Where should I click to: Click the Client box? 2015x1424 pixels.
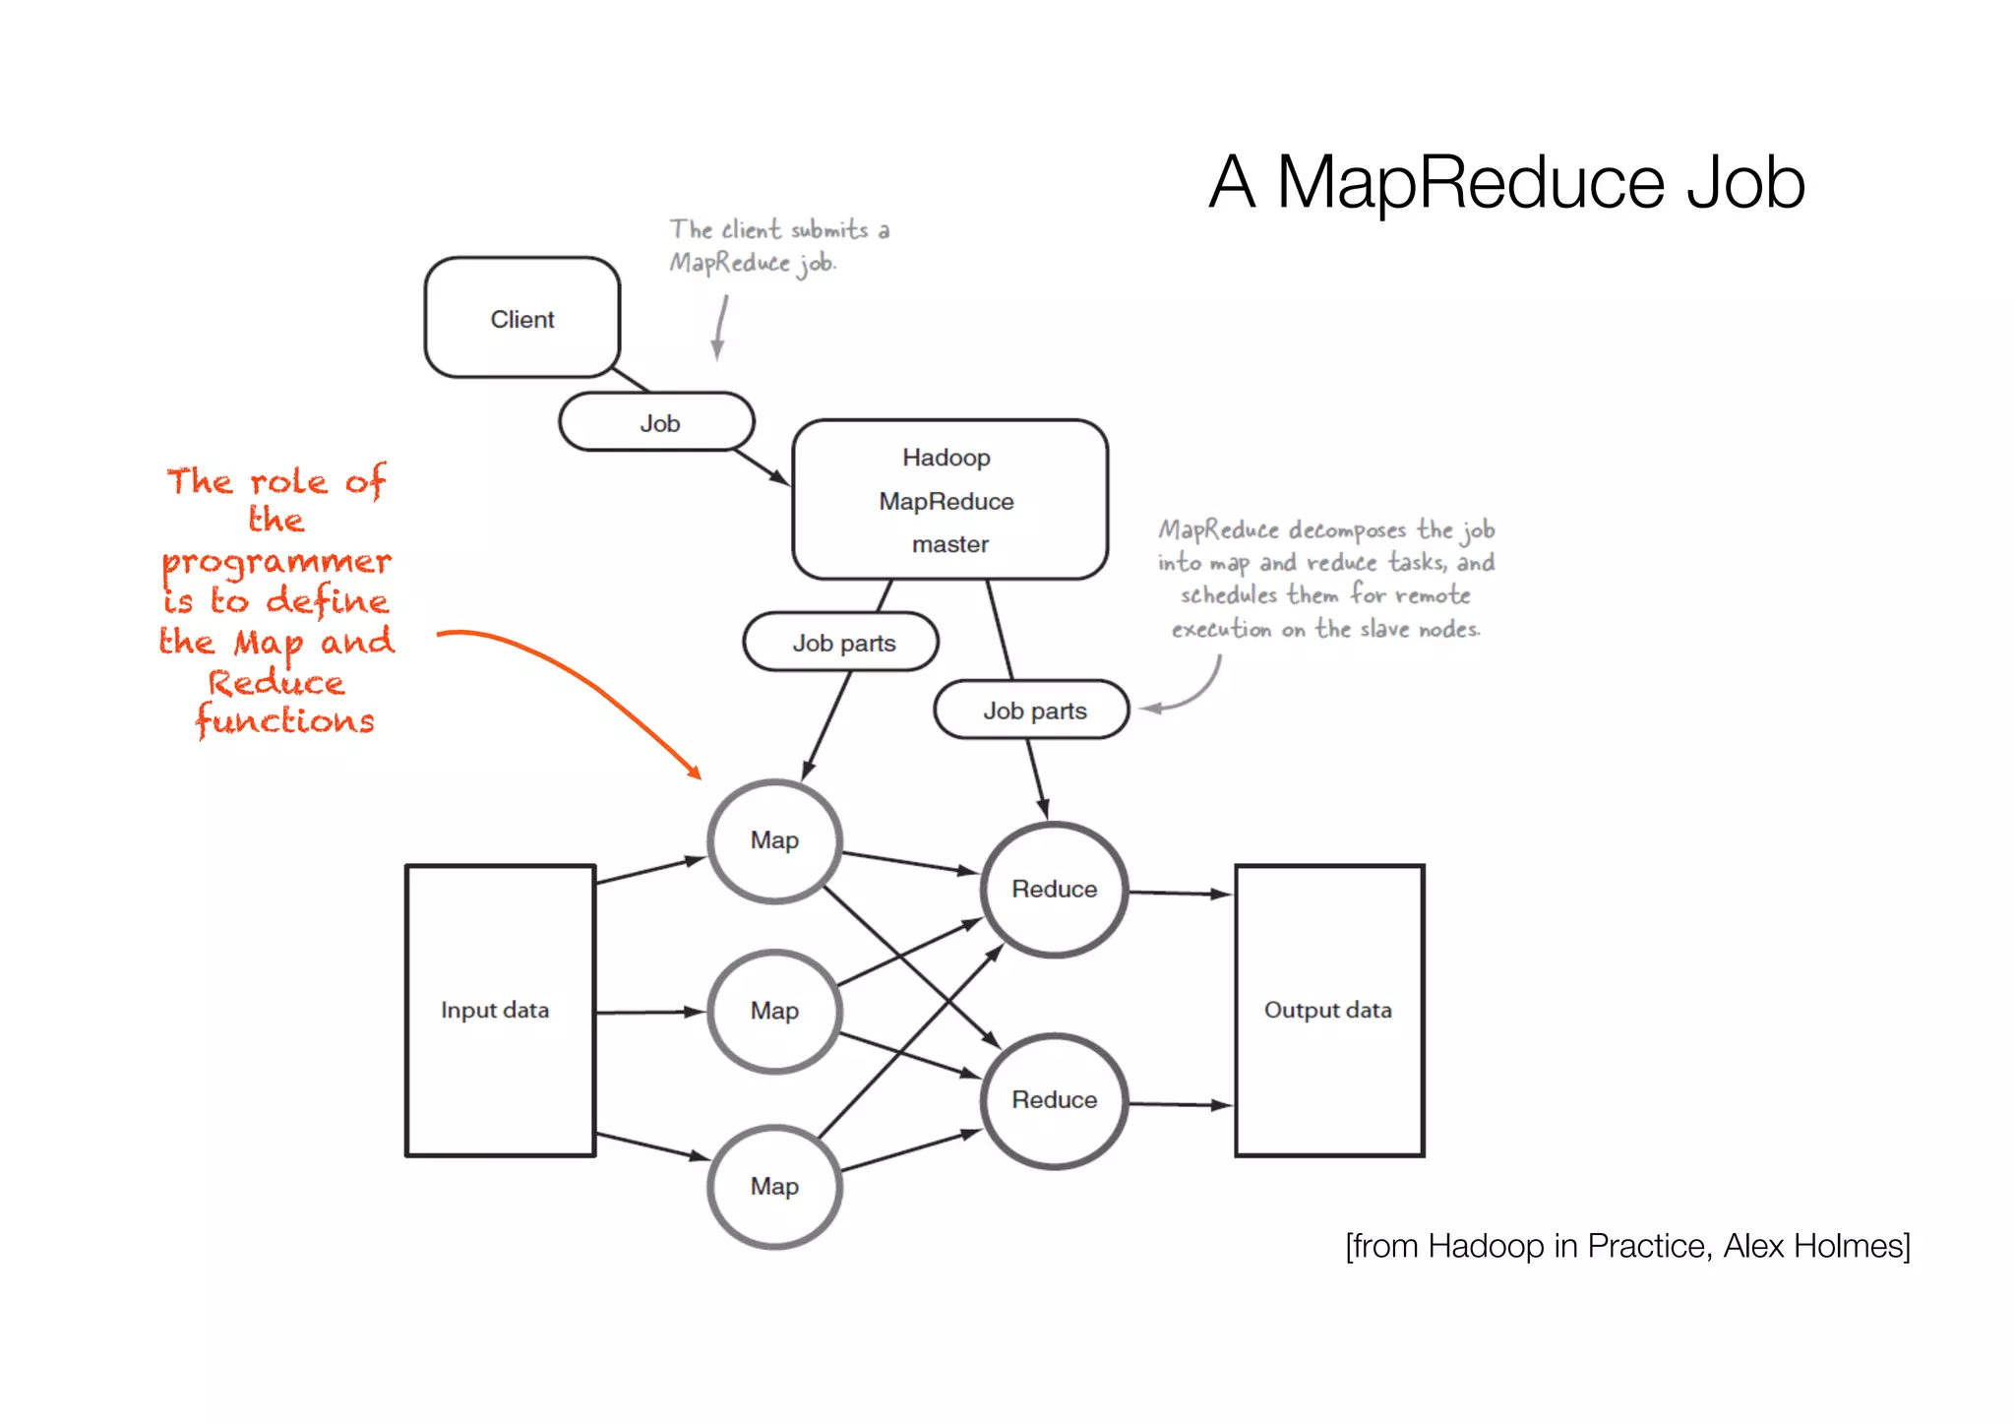[521, 318]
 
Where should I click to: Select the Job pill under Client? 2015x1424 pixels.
[657, 423]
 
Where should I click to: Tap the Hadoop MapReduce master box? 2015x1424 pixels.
[948, 500]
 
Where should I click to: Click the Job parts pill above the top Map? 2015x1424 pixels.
[842, 643]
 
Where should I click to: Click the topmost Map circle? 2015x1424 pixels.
[774, 840]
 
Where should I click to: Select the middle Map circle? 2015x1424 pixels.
[774, 1011]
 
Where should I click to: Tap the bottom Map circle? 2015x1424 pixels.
[774, 1186]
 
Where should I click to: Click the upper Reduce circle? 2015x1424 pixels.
[1054, 889]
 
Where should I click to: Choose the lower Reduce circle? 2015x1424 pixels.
[1054, 1099]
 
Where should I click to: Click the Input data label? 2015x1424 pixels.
[495, 1010]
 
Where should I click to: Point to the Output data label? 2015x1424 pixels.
[1327, 1010]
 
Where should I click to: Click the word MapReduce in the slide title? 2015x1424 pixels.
[1470, 183]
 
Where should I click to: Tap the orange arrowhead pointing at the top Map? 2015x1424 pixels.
[695, 772]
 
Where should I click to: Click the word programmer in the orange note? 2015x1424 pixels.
[276, 562]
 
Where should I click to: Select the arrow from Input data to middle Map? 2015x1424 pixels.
[649, 1012]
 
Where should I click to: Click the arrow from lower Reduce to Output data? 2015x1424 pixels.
[1180, 1104]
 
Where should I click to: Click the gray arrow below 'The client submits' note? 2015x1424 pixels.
[720, 330]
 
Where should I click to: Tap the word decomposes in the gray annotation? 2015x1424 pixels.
[1347, 530]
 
